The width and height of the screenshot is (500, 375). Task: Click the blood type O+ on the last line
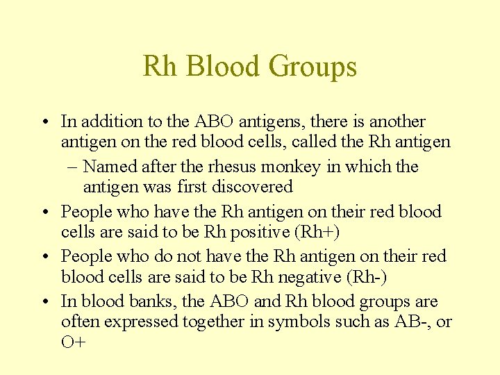73,342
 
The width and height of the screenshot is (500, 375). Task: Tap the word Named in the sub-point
110,167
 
